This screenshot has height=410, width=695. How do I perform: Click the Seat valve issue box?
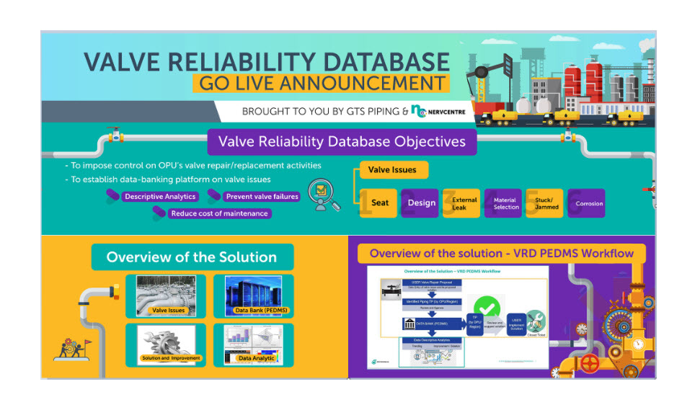[x=380, y=202]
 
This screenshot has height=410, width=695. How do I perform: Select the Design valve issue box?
[x=422, y=202]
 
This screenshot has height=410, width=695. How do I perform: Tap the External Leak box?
[x=464, y=203]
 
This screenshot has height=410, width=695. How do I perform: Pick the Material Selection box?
[x=505, y=203]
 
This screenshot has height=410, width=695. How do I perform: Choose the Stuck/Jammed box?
[x=546, y=203]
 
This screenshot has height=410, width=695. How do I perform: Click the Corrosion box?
[x=588, y=203]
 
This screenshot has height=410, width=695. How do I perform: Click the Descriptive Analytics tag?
[x=159, y=196]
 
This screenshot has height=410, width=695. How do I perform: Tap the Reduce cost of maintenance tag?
[x=218, y=213]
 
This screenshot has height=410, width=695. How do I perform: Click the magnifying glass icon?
[x=322, y=194]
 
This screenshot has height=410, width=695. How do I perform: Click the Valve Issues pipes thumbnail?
[x=165, y=296]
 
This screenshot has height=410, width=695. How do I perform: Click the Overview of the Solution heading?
[x=192, y=257]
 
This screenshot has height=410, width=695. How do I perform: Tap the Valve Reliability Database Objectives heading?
[x=342, y=141]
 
